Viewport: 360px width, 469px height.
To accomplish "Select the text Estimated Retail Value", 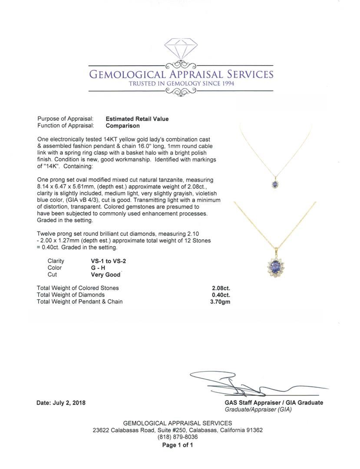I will pos(137,119).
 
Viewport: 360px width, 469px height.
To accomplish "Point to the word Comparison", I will pos(123,126).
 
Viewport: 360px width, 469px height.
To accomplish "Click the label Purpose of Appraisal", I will pos(65,119).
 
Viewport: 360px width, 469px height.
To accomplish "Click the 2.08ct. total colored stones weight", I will pos(221,288).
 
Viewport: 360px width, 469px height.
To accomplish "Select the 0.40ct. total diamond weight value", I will pos(221,295).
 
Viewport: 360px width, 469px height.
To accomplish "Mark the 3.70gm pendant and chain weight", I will pos(220,301).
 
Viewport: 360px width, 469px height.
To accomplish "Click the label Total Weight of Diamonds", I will pos(71,295).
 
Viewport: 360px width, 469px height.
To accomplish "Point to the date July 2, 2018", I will pos(61,403).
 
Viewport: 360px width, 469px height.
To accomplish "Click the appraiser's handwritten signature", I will pos(243,384).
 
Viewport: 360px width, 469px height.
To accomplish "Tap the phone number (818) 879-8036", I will pos(178,437).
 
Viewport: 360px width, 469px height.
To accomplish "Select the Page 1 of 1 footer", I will pos(178,445).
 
